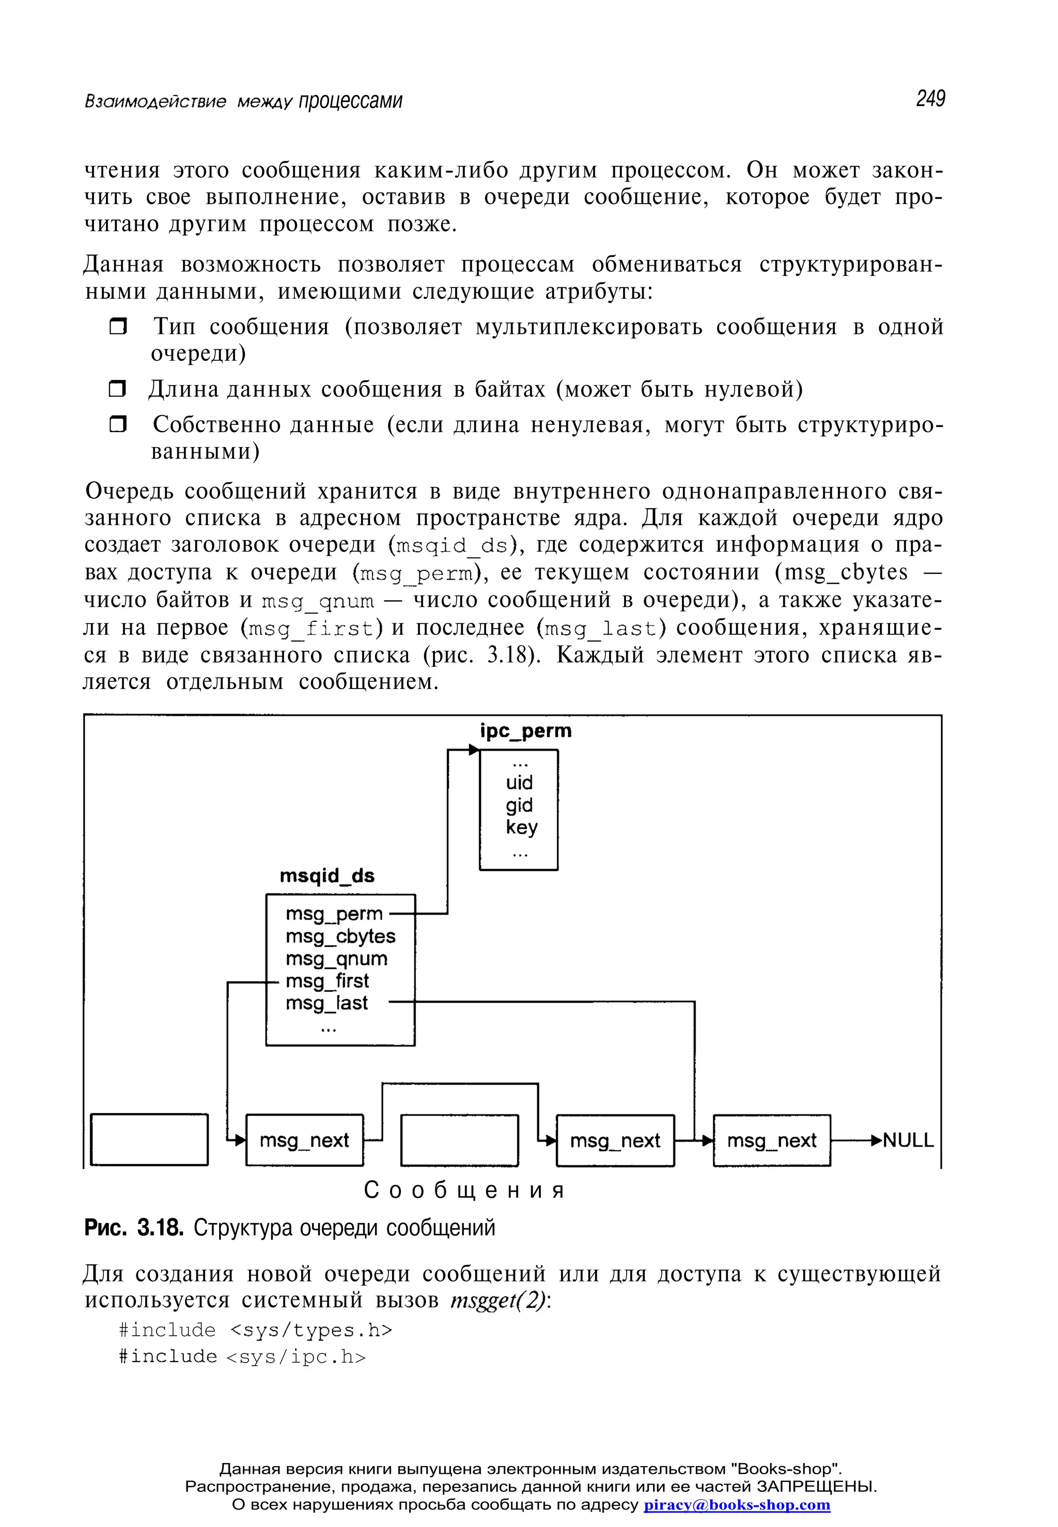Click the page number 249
coord(930,99)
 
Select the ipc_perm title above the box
coord(525,730)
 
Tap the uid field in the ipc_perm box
coord(519,783)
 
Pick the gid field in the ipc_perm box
coord(519,805)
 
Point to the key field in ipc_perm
coord(521,827)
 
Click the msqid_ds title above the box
coord(327,876)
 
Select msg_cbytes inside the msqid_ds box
coord(340,936)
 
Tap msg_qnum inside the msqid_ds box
coord(336,958)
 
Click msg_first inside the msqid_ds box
coord(327,981)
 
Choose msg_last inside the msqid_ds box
coord(326,1003)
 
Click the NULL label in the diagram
coord(908,1140)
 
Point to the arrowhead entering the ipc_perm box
coord(473,750)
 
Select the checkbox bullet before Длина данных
coord(117,389)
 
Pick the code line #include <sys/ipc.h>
coord(242,1356)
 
